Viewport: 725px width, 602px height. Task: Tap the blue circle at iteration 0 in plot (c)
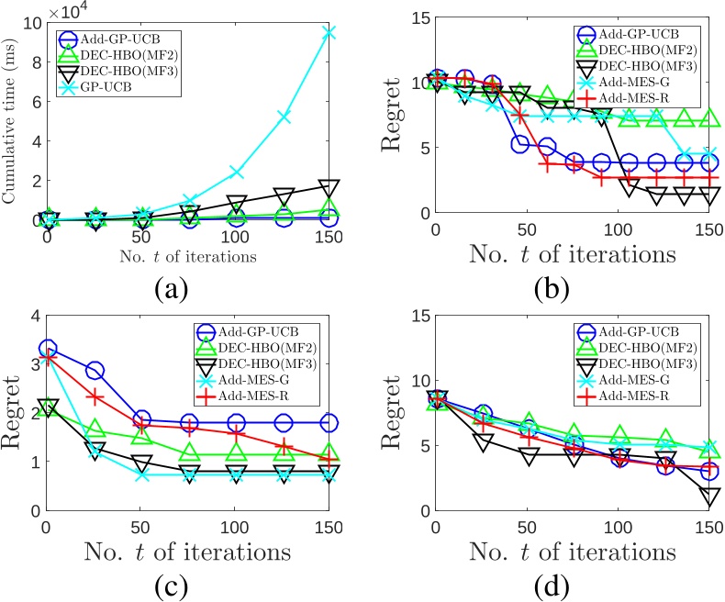48,349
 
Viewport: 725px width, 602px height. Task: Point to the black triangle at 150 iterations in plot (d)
708,496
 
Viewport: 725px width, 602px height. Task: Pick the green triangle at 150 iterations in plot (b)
708,118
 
